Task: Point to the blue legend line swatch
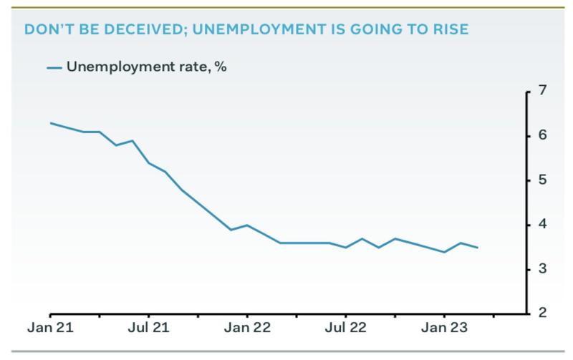tap(54, 68)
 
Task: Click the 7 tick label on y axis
tap(543, 91)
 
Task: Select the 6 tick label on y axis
tap(543, 135)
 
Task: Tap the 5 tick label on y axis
tap(543, 180)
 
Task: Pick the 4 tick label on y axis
tap(543, 224)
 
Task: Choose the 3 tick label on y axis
tap(543, 268)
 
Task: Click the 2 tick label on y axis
tap(543, 313)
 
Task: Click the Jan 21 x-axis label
tap(51, 331)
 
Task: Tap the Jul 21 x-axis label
tap(149, 331)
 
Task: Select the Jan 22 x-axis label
tap(247, 331)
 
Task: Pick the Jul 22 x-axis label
tap(345, 331)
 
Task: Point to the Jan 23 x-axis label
tap(444, 331)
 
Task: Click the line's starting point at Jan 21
tap(51, 123)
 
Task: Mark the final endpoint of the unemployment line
tap(477, 248)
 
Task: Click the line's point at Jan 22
tap(247, 225)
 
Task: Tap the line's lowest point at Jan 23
tap(444, 252)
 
